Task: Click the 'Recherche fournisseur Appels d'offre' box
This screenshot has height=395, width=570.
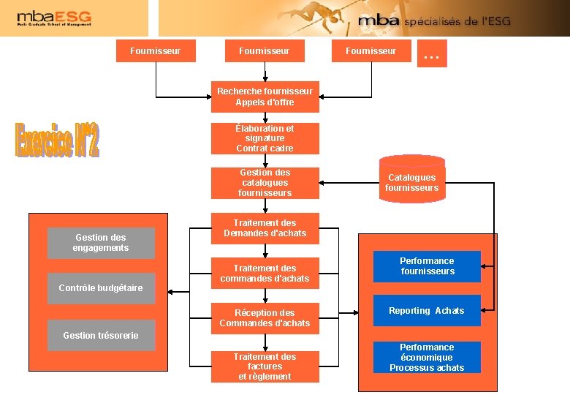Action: pos(265,97)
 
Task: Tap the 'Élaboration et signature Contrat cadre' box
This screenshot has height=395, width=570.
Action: pos(265,138)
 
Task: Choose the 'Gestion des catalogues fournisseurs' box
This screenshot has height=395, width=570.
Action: pos(265,183)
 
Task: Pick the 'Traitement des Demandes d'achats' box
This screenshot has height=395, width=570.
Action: pos(265,228)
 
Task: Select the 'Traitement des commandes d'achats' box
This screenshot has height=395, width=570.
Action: pos(265,273)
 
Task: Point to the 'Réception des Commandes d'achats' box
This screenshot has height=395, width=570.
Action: pos(265,318)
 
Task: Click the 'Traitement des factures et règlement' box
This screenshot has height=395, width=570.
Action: pos(265,366)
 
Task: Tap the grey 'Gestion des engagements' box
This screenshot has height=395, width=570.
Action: pos(101,243)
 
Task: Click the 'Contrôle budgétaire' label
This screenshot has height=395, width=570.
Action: pos(101,288)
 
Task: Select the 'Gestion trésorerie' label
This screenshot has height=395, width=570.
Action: pos(101,335)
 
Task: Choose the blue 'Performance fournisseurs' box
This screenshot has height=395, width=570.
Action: pos(427,266)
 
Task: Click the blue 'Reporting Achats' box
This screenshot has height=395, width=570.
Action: pos(427,311)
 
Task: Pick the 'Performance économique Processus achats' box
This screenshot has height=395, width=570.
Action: pos(427,358)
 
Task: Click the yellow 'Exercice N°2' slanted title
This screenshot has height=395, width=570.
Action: pos(57,138)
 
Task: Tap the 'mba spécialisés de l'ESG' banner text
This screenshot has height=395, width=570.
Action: pos(434,21)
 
